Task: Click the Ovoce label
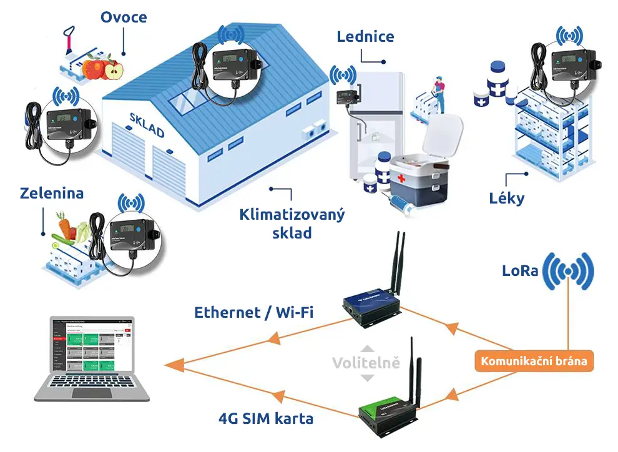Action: click(x=124, y=17)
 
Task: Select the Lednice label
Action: click(x=365, y=36)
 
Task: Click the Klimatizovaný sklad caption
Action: click(x=292, y=224)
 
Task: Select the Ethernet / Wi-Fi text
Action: click(x=253, y=312)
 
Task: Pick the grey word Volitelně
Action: click(x=366, y=363)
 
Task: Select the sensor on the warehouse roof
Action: click(x=230, y=62)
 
